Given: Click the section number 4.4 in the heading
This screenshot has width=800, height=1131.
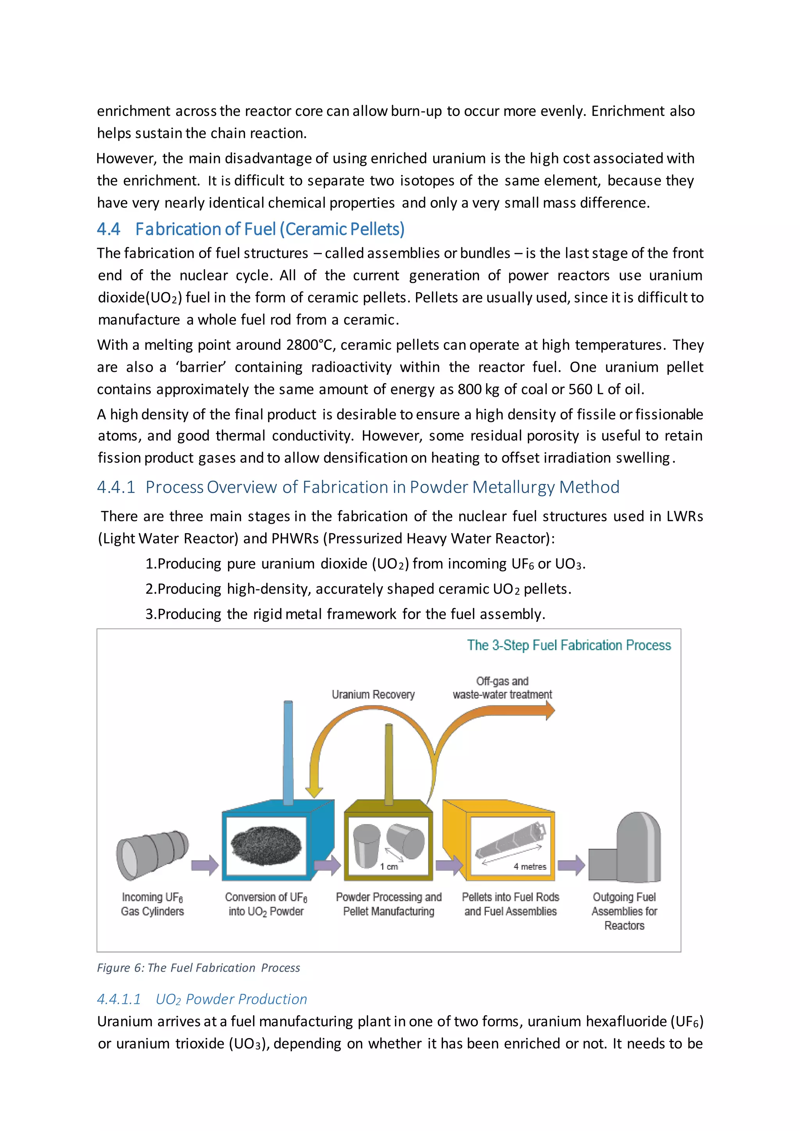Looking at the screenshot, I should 108,229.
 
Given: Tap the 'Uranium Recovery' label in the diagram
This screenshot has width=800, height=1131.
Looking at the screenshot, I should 373,694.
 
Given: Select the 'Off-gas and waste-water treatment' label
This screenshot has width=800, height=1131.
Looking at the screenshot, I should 502,688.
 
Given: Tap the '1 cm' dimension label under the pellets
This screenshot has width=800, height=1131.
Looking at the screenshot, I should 389,867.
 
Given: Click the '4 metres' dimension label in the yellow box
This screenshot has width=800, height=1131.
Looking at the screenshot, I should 530,867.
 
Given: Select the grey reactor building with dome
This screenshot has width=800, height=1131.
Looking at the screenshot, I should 626,848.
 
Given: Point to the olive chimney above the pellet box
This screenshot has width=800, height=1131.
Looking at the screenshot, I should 389,764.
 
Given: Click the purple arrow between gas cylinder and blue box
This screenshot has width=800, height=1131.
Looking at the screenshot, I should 204,865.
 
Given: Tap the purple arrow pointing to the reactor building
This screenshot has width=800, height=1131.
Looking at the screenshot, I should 571,865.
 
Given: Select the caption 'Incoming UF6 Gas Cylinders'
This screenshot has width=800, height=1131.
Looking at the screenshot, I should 152,904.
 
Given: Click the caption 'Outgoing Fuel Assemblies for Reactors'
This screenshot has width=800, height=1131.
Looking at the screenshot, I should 624,911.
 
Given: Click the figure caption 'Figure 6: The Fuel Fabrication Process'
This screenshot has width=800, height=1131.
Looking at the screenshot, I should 198,968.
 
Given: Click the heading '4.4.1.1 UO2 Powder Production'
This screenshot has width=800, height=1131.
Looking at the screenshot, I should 202,999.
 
